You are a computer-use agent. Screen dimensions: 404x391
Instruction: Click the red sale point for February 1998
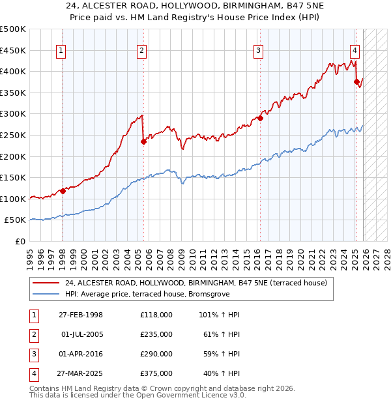[x=63, y=191]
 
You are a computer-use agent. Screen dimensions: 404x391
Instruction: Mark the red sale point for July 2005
[x=143, y=141]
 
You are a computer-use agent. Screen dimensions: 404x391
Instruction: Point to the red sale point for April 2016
[x=260, y=118]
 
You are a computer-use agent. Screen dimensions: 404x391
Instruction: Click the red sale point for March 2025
[x=356, y=81]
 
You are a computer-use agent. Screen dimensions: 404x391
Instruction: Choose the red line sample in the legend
[x=46, y=283]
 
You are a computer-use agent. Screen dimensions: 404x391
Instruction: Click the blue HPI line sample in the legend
[x=46, y=294]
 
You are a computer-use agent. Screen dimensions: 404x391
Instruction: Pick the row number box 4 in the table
[x=33, y=373]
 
